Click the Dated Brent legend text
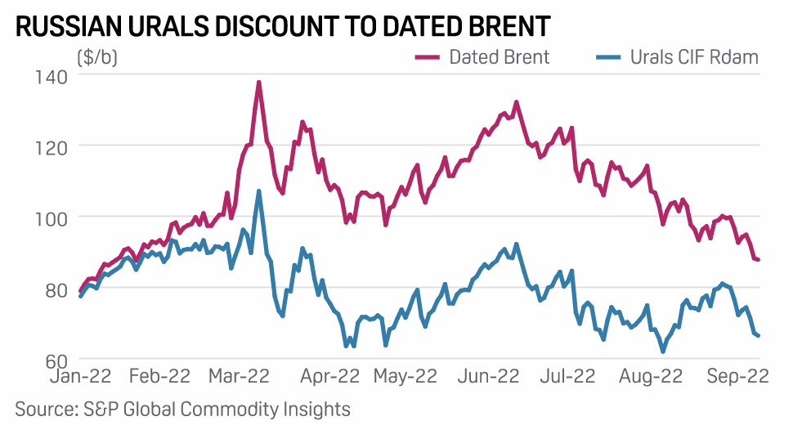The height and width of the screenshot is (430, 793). (x=499, y=57)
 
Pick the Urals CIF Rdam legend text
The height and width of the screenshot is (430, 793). (x=694, y=57)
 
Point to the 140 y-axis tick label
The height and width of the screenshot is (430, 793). (x=51, y=75)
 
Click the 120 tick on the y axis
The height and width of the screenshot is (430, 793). (x=51, y=146)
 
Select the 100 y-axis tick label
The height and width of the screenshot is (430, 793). (x=51, y=217)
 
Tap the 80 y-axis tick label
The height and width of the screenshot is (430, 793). (x=54, y=289)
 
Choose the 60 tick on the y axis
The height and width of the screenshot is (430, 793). (x=54, y=360)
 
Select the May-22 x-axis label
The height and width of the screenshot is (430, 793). (x=405, y=378)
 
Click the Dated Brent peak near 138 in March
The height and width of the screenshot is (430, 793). (x=258, y=82)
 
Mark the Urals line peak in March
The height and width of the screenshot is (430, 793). (x=258, y=191)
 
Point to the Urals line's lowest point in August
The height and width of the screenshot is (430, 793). (x=662, y=352)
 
